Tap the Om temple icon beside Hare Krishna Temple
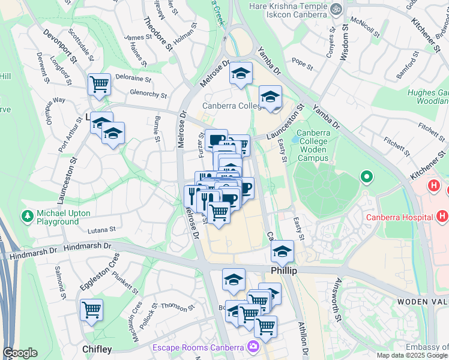click(x=336, y=8)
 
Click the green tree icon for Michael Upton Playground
click(x=27, y=215)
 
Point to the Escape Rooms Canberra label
click(x=197, y=347)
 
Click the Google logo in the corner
click(x=20, y=353)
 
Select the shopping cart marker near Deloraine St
click(x=99, y=84)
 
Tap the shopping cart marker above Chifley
click(x=92, y=310)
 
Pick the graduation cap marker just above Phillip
click(x=282, y=251)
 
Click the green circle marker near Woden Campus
click(x=366, y=177)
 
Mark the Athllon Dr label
click(x=304, y=340)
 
